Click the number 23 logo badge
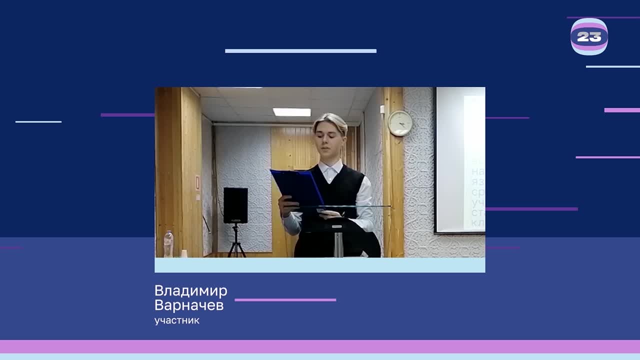(x=589, y=36)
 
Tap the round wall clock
(x=400, y=123)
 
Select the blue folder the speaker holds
(x=297, y=187)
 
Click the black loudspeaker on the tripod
(x=235, y=205)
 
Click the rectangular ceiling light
(x=291, y=112)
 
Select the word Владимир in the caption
(x=190, y=291)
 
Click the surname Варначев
(x=188, y=305)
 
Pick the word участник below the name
(x=176, y=320)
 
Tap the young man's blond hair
(x=330, y=121)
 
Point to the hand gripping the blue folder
(x=286, y=204)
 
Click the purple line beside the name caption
(x=285, y=300)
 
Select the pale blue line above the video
(x=300, y=51)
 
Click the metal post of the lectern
(x=338, y=243)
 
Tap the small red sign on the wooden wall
(x=197, y=183)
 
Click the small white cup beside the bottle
(x=183, y=253)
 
